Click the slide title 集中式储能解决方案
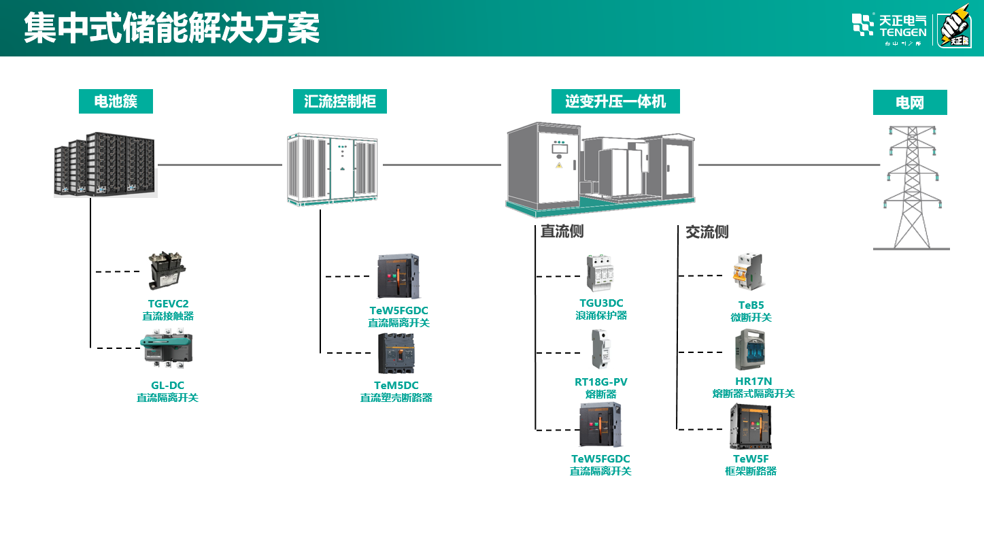(172, 29)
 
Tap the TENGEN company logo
(889, 27)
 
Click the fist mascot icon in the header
(955, 27)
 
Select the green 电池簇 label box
(116, 102)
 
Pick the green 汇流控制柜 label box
(340, 102)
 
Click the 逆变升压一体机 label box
(615, 102)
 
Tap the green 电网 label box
(910, 103)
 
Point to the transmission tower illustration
(911, 187)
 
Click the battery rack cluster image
(105, 165)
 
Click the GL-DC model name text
(167, 386)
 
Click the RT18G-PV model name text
(601, 382)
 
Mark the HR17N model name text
(753, 382)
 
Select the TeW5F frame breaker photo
(751, 426)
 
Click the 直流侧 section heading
(562, 232)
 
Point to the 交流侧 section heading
(707, 232)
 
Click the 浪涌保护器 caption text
(601, 316)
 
